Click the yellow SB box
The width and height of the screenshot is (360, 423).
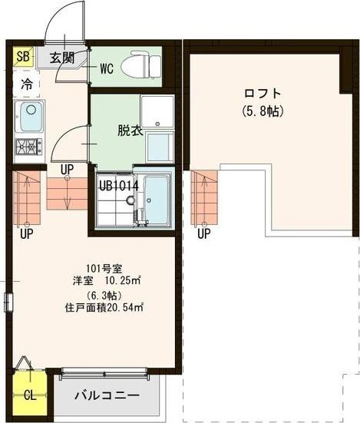pyautogui.click(x=23, y=56)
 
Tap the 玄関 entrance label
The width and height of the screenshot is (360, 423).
pyautogui.click(x=63, y=57)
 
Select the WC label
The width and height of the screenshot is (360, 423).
pyautogui.click(x=106, y=68)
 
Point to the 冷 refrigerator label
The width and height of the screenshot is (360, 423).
pyautogui.click(x=27, y=84)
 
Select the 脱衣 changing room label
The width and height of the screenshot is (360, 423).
pyautogui.click(x=130, y=130)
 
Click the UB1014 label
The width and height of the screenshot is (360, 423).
pyautogui.click(x=118, y=184)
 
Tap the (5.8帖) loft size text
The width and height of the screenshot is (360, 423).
pyautogui.click(x=263, y=111)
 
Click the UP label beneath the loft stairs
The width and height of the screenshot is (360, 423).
pyautogui.click(x=203, y=233)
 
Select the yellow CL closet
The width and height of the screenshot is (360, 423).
pyautogui.click(x=29, y=395)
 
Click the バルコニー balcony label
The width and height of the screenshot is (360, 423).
pyautogui.click(x=107, y=396)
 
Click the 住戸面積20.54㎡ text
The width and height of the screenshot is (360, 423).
pyautogui.click(x=105, y=308)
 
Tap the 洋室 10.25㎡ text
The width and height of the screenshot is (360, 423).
pyautogui.click(x=105, y=281)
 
